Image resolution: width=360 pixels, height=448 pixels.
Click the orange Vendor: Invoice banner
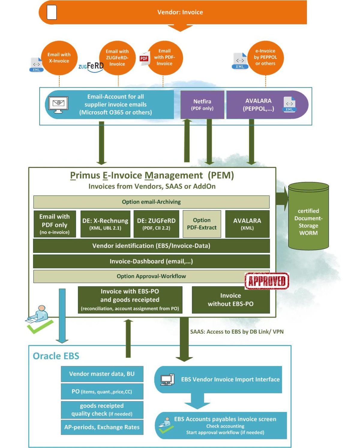(x=180, y=12)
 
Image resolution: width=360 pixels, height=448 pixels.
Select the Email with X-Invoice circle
(x=59, y=58)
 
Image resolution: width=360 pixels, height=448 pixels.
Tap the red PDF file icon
(x=144, y=58)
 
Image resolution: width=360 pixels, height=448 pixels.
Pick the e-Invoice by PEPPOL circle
(x=265, y=57)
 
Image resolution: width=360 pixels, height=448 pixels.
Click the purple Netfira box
(x=202, y=105)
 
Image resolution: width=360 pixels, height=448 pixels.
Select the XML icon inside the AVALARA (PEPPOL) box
(x=289, y=104)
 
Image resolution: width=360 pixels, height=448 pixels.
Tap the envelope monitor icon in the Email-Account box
(x=58, y=104)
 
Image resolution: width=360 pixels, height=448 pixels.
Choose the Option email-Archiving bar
(x=151, y=202)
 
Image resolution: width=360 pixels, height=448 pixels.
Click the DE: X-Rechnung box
(x=105, y=224)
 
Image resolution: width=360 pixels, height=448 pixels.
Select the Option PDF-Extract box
(x=202, y=224)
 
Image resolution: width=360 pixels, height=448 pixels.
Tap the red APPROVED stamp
(x=267, y=281)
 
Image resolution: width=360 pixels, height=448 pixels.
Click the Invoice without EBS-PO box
(x=230, y=300)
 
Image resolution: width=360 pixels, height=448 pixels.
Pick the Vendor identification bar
(x=151, y=246)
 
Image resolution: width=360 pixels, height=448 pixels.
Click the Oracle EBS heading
(x=56, y=356)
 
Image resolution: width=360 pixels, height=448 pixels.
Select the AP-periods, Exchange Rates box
(x=102, y=427)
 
